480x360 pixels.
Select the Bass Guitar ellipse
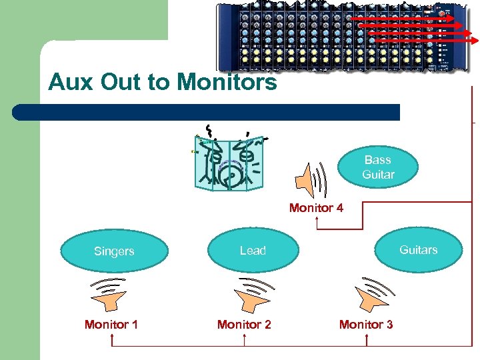[378, 167]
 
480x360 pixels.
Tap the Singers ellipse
[114, 251]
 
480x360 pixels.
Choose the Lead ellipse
[253, 251]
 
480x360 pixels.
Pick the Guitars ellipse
[419, 250]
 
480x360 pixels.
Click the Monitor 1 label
[111, 325]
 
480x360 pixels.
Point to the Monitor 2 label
[244, 325]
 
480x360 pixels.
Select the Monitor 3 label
[366, 325]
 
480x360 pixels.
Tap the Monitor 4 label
[316, 208]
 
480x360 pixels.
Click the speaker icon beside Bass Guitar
[311, 179]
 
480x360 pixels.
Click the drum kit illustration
[229, 160]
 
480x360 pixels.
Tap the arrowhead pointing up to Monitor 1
[112, 336]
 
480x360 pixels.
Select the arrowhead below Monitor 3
[366, 336]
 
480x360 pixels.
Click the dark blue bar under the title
[207, 112]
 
